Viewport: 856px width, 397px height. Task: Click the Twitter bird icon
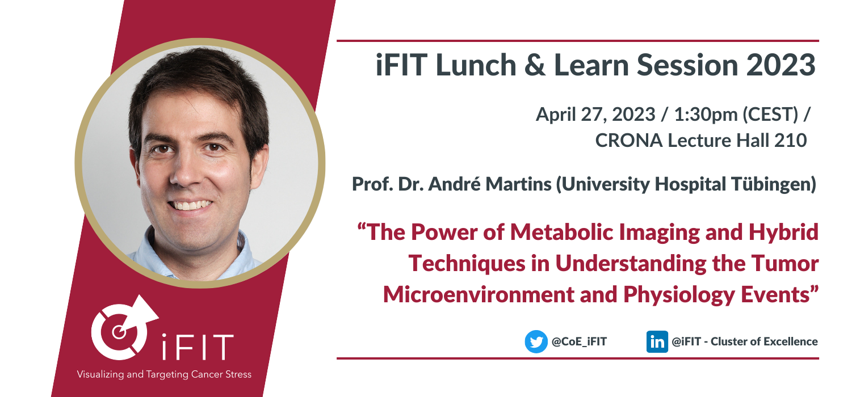[x=536, y=341]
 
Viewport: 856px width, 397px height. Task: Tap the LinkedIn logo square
[x=657, y=341]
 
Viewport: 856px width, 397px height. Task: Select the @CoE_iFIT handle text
[x=579, y=341]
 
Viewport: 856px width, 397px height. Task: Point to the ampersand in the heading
[x=535, y=65]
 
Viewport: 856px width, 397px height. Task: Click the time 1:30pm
[x=706, y=115]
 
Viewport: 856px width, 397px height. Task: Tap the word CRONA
[x=628, y=140]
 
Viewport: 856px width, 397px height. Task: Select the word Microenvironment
[x=479, y=295]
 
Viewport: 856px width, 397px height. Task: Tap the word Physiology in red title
[x=679, y=295]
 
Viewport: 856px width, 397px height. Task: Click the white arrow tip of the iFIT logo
[x=158, y=316]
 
